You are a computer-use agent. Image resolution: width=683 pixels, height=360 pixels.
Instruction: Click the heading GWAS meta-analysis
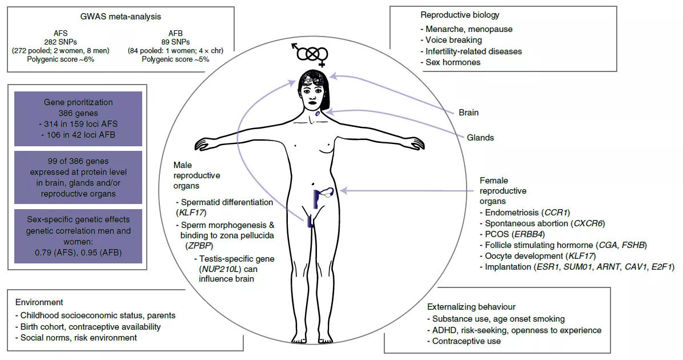[x=120, y=17]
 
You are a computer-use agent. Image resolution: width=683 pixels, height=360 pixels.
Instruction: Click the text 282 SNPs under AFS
[x=61, y=42]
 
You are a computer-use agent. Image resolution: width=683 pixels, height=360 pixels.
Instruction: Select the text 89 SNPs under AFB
[x=175, y=42]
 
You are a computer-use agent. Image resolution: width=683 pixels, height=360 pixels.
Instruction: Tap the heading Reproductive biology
[x=460, y=15]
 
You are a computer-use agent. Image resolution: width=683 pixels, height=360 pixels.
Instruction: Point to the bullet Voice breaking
[x=451, y=40]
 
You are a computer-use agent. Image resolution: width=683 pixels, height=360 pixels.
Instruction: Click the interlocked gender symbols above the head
[x=310, y=54]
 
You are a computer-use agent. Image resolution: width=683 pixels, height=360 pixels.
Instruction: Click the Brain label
[x=469, y=113]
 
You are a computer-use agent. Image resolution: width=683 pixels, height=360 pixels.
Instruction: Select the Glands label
[x=480, y=138]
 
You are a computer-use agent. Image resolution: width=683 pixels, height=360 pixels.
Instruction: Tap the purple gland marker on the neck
[x=318, y=113]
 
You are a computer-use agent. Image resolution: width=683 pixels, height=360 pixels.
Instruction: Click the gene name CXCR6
[x=588, y=223]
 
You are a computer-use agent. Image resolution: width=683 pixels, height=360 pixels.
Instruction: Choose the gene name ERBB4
[x=528, y=234]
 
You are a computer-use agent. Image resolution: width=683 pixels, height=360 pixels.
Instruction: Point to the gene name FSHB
[x=634, y=245]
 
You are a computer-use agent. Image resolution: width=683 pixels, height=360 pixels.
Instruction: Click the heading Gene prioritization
[x=78, y=102]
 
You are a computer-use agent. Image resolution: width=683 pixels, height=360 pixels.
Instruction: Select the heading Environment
[x=39, y=302]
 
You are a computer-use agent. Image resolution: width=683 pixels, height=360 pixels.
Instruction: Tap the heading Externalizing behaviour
[x=471, y=307]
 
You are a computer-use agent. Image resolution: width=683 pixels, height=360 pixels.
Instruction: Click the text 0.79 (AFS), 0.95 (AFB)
[x=78, y=253]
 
